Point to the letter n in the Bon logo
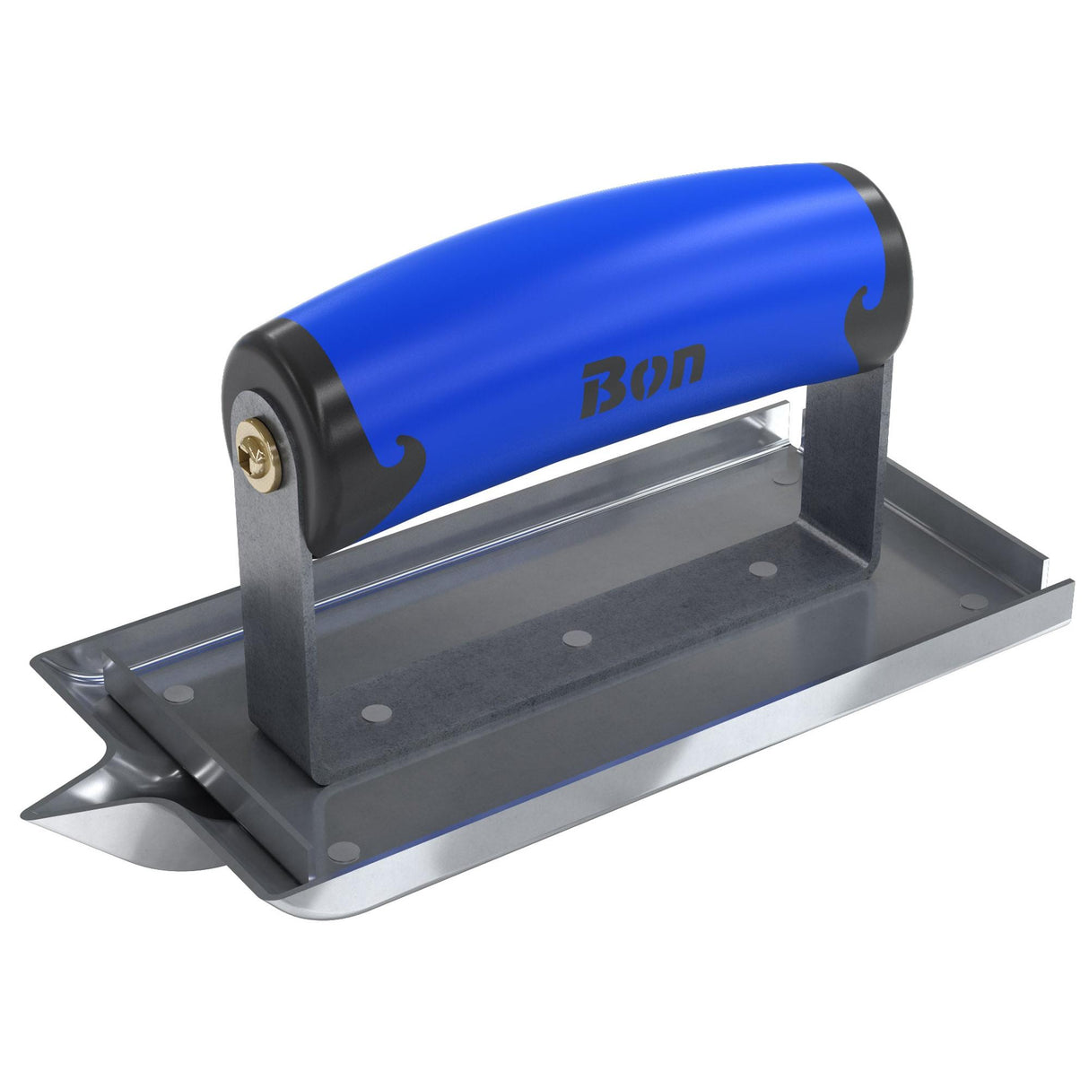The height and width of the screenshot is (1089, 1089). (x=684, y=362)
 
